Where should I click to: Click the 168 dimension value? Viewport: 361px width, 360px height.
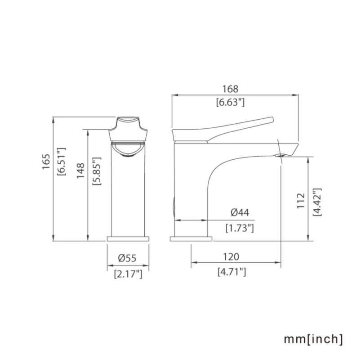pos(230,89)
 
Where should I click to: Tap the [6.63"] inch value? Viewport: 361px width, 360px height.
pos(230,102)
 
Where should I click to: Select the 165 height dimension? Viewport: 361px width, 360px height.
pos(46,162)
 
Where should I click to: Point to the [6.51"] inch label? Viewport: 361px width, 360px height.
pos(61,162)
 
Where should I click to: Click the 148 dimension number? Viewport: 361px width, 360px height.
pos(80,171)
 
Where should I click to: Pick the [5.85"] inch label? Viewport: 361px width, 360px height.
pos(97,171)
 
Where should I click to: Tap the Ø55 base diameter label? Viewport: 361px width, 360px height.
pos(127,258)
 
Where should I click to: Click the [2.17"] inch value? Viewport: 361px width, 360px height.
pos(128,274)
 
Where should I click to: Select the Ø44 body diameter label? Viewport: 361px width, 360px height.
pos(240,212)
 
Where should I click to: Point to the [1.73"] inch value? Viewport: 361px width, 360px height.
pos(240,228)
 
